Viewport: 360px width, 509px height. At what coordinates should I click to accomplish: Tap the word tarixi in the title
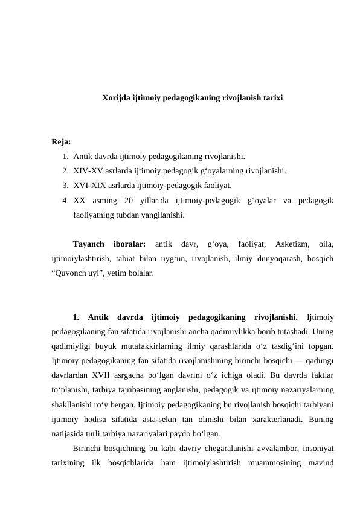(270, 97)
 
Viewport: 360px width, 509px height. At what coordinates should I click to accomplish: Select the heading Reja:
(62, 143)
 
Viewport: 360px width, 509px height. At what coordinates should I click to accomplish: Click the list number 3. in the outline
(65, 186)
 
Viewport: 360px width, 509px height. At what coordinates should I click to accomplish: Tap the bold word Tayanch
(88, 244)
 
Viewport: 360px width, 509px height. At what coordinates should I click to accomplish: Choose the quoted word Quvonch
(74, 273)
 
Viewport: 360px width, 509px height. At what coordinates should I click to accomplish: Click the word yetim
(118, 273)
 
